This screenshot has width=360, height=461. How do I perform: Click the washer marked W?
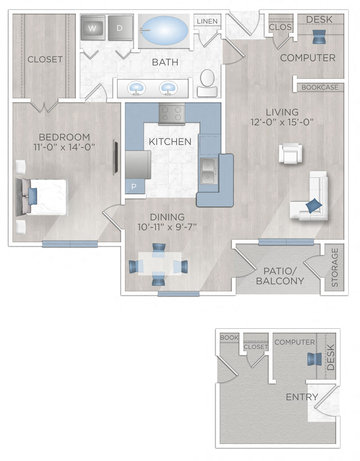coord(93,28)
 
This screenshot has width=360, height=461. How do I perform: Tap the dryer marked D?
coord(120,28)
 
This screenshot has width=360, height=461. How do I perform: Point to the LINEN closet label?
coord(207,21)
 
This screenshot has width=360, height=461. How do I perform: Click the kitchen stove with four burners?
coord(172,114)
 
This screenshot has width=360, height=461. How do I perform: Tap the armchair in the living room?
coord(290,153)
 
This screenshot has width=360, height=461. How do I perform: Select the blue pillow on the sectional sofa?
coord(314,206)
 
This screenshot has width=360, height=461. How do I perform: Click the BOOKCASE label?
coord(320,87)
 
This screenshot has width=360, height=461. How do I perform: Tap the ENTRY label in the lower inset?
coord(302,397)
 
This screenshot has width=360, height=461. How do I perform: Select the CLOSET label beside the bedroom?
coord(45,59)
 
